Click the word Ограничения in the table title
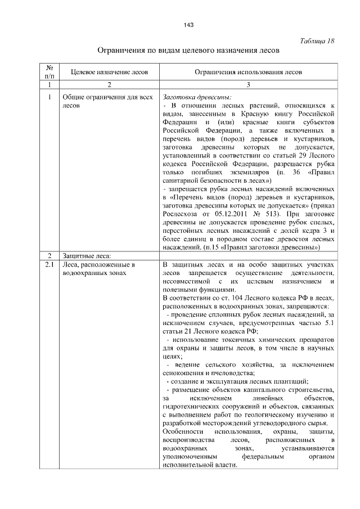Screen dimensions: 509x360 point(121,51)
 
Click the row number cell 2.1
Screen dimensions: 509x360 point(49,264)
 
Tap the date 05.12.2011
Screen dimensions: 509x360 point(222,214)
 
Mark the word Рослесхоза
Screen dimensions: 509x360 point(179,214)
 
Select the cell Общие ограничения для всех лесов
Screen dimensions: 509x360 point(107,100)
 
